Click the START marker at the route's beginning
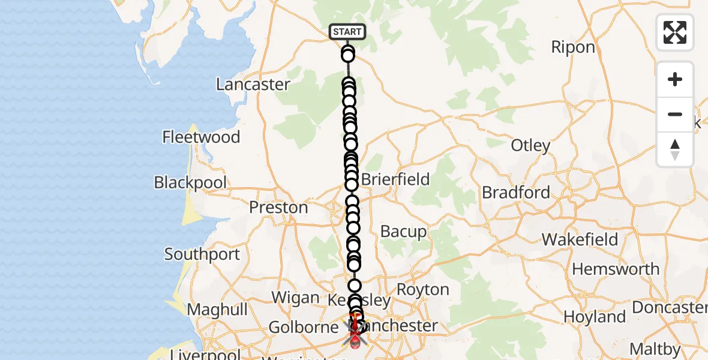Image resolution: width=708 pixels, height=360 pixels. (347, 32)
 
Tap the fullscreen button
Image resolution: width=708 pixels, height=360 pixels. (675, 32)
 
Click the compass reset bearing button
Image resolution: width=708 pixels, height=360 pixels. (675, 149)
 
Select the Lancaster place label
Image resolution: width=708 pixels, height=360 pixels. (253, 85)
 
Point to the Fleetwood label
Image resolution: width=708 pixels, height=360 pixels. (201, 137)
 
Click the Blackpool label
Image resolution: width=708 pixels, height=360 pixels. (190, 182)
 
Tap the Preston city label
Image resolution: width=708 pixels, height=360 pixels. (278, 208)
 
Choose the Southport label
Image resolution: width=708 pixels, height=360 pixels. (202, 254)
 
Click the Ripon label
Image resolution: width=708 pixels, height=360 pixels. (573, 47)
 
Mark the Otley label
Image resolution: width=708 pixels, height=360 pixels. (530, 145)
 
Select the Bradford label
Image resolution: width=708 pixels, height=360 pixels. (516, 193)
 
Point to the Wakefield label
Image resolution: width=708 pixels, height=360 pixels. (580, 239)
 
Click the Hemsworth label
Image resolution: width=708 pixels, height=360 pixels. (616, 269)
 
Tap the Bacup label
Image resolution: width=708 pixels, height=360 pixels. (404, 232)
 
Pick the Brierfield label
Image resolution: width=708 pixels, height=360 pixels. (395, 179)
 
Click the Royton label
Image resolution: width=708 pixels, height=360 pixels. (423, 290)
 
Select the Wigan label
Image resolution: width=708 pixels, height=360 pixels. (295, 298)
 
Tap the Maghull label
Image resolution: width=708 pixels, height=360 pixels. (217, 310)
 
